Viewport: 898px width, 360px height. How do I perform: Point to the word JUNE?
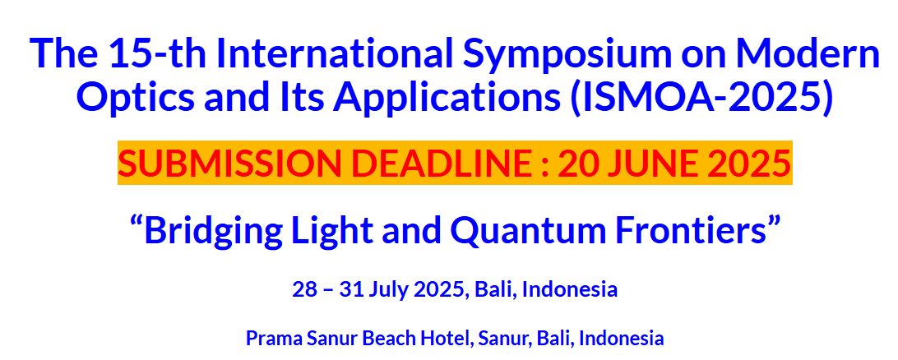(655, 163)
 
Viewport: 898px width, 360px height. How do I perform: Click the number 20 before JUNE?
(576, 163)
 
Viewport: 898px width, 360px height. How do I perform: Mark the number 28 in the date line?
(304, 289)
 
